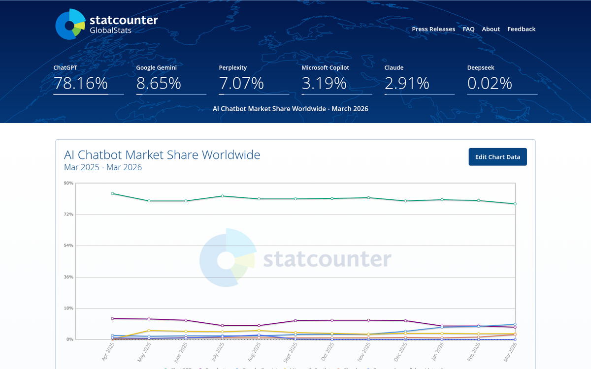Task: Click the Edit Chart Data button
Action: click(x=497, y=157)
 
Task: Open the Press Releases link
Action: click(x=433, y=29)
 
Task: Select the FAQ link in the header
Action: click(x=468, y=29)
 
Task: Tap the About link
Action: click(x=491, y=29)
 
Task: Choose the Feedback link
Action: click(x=521, y=29)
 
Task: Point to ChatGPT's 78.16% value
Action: click(x=81, y=84)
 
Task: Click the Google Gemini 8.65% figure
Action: click(x=159, y=84)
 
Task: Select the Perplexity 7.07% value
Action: click(x=241, y=84)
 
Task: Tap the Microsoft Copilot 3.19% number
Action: click(x=324, y=84)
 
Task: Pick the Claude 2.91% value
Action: click(x=407, y=84)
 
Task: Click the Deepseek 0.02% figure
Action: click(x=490, y=84)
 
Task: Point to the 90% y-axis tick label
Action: click(x=68, y=183)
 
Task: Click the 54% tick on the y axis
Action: click(x=68, y=246)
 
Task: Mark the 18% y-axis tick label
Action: click(x=68, y=308)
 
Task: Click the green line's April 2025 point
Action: click(x=113, y=193)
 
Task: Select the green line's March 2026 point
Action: click(x=515, y=204)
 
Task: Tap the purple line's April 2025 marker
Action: click(x=113, y=318)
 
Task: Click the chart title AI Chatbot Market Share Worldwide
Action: click(x=162, y=155)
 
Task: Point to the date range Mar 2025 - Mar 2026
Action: click(x=103, y=167)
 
